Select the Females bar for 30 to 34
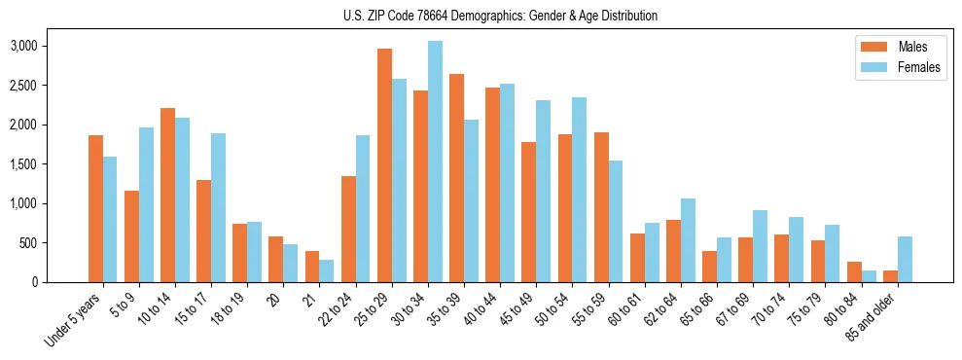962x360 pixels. tap(435, 162)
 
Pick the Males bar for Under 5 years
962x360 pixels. tap(95, 209)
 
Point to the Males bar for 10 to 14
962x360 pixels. tap(167, 195)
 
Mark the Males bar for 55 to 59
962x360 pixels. tap(601, 207)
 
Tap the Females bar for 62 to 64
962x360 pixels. tap(688, 240)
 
